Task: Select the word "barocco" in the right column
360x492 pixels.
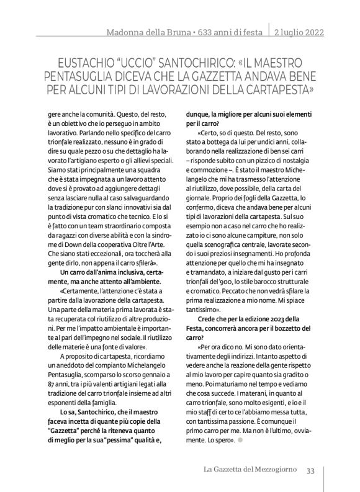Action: [x=276, y=290]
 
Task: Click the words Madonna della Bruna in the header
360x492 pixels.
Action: [x=135, y=32]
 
